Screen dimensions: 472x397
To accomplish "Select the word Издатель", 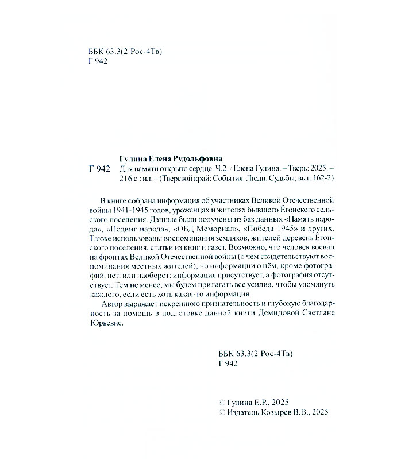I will [242, 412].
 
